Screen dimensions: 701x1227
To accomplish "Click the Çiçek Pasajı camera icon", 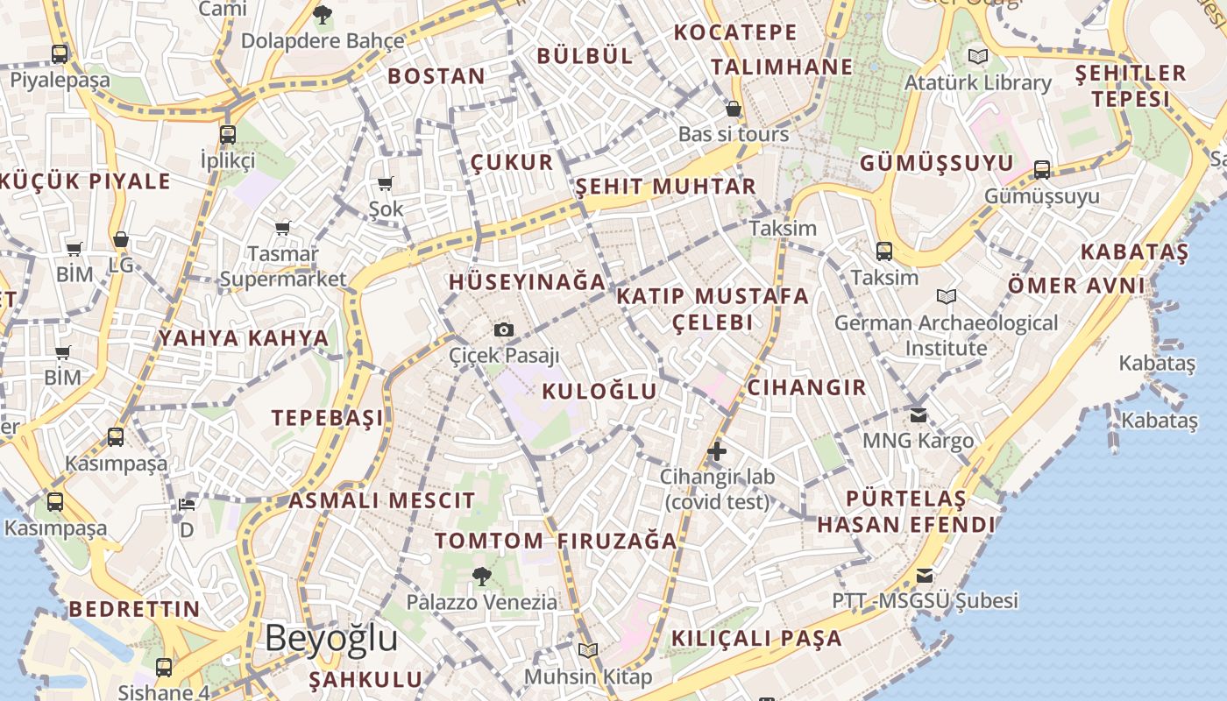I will pos(504,329).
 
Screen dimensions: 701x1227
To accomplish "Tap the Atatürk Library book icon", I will pos(978,56).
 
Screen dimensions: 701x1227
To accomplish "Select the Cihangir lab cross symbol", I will pos(717,451).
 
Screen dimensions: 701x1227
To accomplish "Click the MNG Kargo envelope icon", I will pos(918,414).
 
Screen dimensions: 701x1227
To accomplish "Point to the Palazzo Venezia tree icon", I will pos(481,576).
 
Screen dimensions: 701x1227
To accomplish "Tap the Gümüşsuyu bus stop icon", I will pos(1042,169).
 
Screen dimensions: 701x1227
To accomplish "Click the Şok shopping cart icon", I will pos(385,183).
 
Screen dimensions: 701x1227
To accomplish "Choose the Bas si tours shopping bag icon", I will pos(734,109).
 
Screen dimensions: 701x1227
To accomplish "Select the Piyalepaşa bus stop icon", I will pos(60,53).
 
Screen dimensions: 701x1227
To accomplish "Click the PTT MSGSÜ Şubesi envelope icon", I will pos(925,575).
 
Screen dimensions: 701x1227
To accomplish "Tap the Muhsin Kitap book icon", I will pos(587,650).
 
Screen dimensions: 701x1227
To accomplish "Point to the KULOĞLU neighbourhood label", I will pos(599,391).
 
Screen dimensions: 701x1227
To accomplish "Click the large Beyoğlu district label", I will pos(331,638).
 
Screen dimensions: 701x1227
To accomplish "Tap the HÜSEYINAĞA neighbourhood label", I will pos(527,282).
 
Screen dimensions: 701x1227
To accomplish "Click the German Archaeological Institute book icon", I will pos(947,296).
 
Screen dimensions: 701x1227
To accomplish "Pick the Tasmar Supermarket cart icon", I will pos(283,228).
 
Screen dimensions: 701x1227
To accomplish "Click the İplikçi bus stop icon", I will pos(228,134).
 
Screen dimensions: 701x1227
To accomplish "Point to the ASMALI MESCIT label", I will pos(382,501).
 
